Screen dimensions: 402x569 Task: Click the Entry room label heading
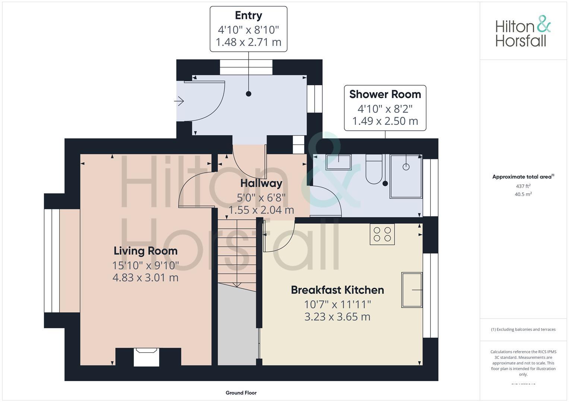point(248,16)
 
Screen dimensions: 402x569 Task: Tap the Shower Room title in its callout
point(385,95)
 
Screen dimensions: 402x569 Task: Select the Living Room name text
point(145,251)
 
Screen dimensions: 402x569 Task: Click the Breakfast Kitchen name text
point(337,290)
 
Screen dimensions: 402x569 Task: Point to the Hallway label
point(261,183)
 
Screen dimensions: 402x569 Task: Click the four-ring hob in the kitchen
point(382,234)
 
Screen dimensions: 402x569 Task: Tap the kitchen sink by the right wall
point(411,290)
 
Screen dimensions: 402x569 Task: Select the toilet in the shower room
point(374,170)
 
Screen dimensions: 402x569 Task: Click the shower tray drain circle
point(406,167)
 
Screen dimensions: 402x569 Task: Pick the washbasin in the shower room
point(338,162)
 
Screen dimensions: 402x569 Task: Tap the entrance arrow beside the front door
point(179,101)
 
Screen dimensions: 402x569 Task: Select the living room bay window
point(52,261)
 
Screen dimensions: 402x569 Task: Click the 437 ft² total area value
point(523,186)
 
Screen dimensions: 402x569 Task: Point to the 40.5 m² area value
point(523,194)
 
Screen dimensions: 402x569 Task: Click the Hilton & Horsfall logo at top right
point(522,31)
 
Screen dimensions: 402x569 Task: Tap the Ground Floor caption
point(241,393)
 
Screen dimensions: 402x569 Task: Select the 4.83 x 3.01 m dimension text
point(145,278)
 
